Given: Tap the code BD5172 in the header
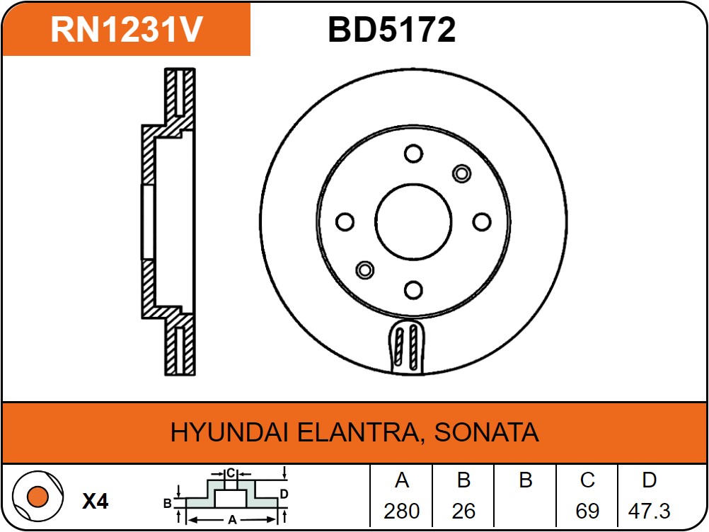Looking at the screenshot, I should coord(391,30).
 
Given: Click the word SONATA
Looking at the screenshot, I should coord(486,432).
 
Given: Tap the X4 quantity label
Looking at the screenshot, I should coord(95,502).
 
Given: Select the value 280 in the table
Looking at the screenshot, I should coord(401,511).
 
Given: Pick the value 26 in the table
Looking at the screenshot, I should coord(463,511).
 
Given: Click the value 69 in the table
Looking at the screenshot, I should coord(587,511).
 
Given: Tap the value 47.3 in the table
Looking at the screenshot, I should coord(649,511).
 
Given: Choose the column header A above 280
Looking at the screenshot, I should coord(401,481).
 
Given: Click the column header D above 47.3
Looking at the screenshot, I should coord(649,481).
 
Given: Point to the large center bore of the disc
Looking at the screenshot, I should coord(413,222).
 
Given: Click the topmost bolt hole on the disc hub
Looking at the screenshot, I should coord(413,154).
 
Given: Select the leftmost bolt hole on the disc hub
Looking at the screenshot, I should coord(345,222).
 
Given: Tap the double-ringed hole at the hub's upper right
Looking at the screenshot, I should coord(461,173).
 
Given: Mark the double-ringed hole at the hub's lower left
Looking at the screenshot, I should coord(364,270).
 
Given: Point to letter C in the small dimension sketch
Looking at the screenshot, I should coord(231,473).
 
